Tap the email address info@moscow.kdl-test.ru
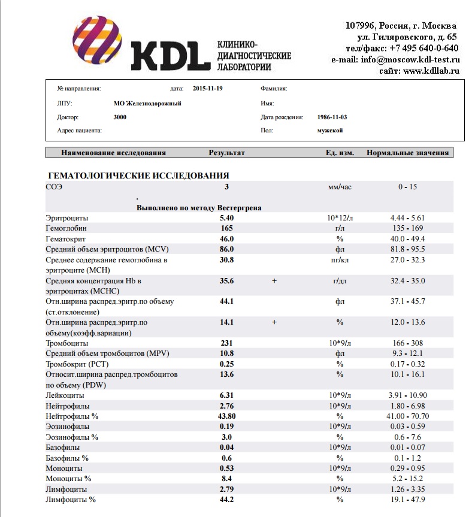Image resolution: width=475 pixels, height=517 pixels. (x=410, y=60)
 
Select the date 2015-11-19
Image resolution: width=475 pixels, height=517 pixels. (x=208, y=89)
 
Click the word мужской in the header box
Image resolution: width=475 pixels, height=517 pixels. (x=330, y=130)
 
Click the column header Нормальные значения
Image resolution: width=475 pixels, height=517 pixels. (x=407, y=153)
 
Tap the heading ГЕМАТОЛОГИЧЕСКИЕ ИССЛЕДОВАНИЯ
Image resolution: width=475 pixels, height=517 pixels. (x=138, y=176)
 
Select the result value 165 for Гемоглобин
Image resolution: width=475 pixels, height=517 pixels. (x=226, y=228)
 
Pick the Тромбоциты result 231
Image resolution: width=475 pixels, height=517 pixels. (x=226, y=343)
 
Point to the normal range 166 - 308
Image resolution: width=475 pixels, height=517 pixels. (x=407, y=343)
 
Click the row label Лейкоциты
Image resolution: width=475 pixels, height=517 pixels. (x=65, y=395)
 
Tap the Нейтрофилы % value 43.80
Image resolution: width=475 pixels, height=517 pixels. (x=226, y=416)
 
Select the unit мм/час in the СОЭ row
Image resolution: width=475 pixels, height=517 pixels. (x=340, y=187)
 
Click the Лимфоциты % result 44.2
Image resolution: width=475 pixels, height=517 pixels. (x=226, y=499)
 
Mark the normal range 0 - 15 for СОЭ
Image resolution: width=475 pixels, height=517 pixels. (x=407, y=187)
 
